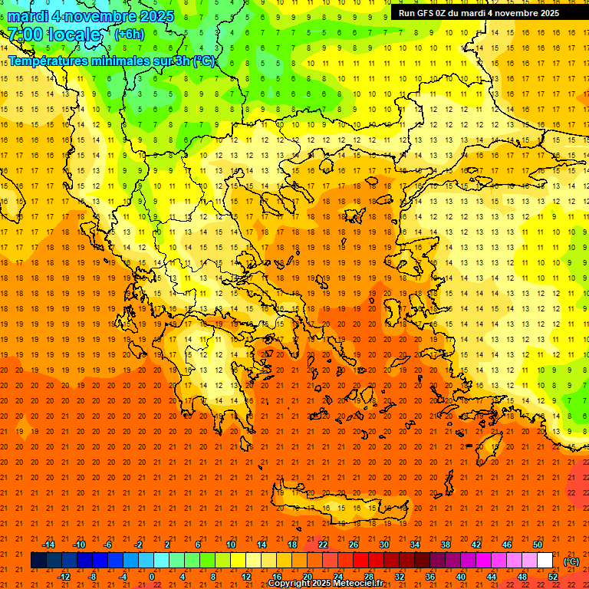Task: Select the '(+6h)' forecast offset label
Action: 129,35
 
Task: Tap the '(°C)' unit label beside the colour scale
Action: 571,561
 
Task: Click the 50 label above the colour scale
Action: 538,545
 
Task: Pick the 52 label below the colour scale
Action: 553,577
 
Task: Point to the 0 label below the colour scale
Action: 152,577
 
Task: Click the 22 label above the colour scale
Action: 323,545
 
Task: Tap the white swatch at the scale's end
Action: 545,561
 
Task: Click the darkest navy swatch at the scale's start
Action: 38,561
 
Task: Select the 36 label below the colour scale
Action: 430,577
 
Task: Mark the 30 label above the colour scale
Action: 384,545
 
